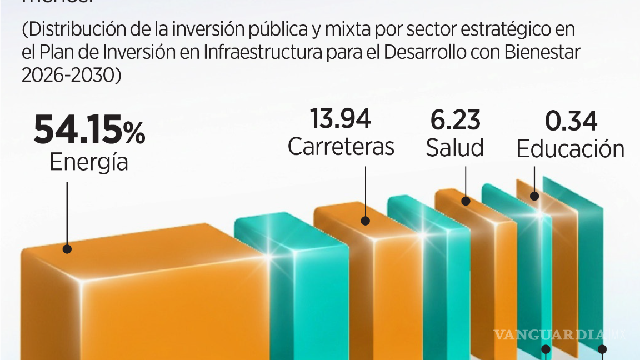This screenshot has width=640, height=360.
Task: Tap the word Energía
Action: coord(89,162)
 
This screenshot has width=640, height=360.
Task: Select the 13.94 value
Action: coord(341,119)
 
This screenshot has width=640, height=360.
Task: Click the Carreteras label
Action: coord(341,147)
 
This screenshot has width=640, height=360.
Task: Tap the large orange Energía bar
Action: coord(144,300)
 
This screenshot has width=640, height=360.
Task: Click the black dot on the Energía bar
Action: coord(67,249)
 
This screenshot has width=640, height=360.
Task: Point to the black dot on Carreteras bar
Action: coord(366,221)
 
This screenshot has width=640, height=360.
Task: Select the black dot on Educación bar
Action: coord(534,196)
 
